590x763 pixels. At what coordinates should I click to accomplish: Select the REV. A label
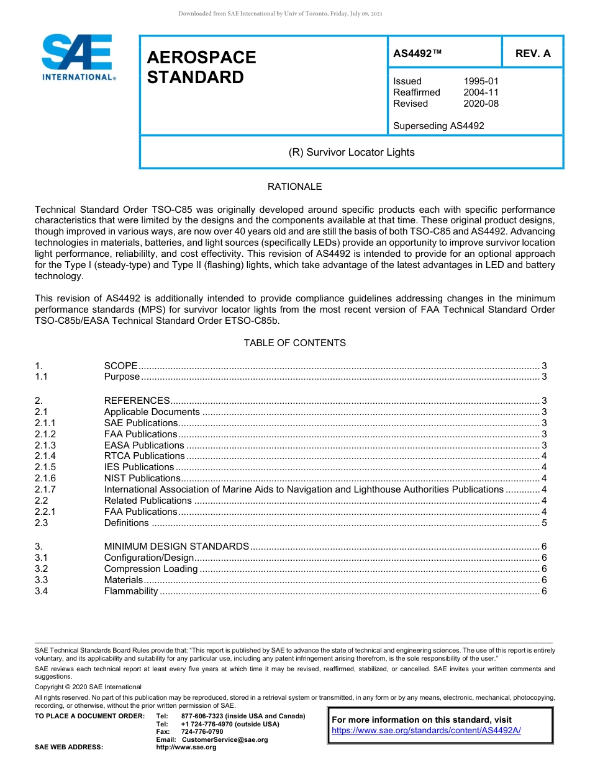532,53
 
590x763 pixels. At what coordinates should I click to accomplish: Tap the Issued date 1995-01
481,81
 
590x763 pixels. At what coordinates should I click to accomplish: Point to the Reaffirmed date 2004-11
481,92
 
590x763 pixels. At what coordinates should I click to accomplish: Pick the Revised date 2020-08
481,104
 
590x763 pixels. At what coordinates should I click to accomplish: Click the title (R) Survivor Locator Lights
352,152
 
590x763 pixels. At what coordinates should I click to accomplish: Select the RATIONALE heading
294,187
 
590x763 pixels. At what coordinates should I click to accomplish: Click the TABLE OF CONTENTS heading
294,343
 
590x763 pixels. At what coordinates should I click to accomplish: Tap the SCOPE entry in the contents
120,366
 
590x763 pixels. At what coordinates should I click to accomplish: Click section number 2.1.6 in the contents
45,478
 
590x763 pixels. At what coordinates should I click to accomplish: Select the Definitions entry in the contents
126,523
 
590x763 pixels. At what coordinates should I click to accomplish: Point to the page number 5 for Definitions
544,523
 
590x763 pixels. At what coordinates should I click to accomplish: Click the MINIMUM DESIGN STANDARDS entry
176,547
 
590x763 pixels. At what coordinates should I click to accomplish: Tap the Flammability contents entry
131,591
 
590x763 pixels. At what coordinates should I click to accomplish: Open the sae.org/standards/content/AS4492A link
426,731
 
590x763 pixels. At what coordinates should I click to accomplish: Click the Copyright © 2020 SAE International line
88,687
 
